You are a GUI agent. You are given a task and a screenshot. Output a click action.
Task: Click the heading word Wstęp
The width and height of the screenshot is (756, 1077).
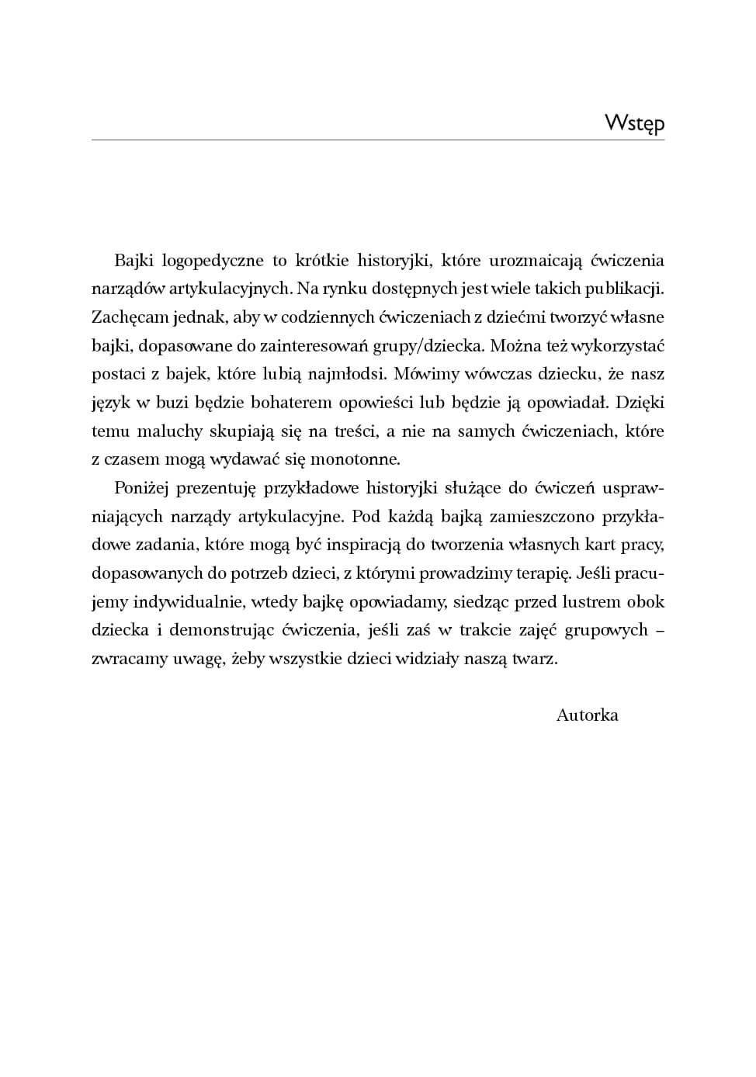click(x=634, y=123)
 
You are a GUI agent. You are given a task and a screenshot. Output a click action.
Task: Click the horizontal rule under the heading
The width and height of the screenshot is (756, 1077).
click(x=378, y=140)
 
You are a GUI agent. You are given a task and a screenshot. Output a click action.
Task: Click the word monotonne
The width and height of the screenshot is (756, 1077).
click(x=355, y=459)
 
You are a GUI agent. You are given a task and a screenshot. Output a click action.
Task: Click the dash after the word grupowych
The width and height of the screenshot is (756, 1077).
click(x=660, y=630)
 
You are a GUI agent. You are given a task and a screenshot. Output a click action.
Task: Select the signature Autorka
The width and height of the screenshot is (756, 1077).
click(x=587, y=715)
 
